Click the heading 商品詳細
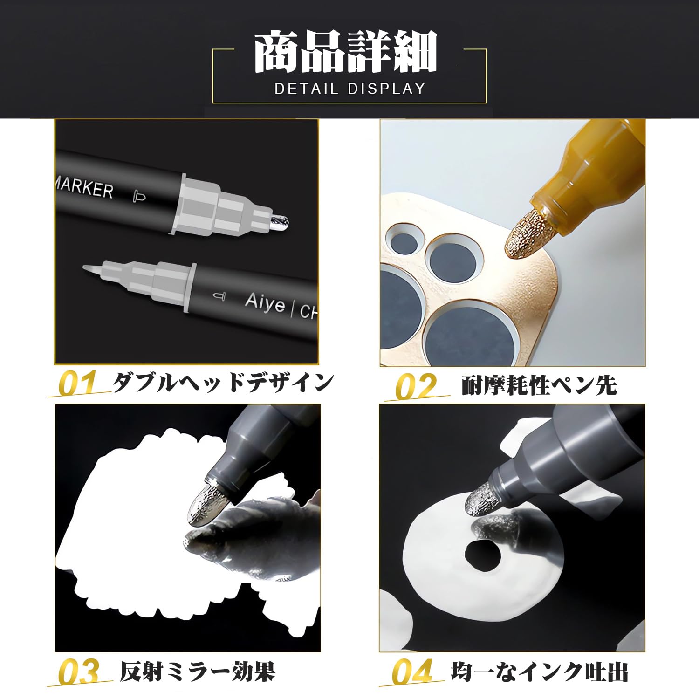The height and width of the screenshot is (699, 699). (346, 52)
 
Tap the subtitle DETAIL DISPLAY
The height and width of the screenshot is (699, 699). (349, 89)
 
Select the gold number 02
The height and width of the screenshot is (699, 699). (416, 386)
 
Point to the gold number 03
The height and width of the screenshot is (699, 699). (79, 672)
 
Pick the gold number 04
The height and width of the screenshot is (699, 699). (412, 672)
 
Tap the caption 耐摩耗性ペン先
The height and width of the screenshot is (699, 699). (539, 386)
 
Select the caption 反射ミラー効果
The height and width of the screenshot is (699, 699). (198, 672)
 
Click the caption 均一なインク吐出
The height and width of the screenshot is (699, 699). (540, 672)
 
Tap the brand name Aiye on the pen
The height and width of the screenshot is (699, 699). (265, 303)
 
